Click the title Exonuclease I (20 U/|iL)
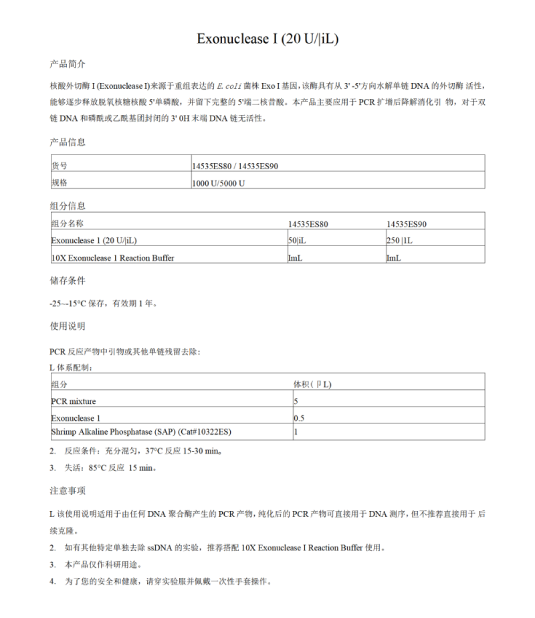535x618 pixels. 267,39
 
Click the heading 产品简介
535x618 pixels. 68,64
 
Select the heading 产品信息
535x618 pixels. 68,142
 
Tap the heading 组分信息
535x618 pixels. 68,205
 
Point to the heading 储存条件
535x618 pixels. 68,280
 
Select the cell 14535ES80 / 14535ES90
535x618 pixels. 234,165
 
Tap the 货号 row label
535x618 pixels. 60,165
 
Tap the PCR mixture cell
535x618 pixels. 74,401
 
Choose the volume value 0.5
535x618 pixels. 299,418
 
